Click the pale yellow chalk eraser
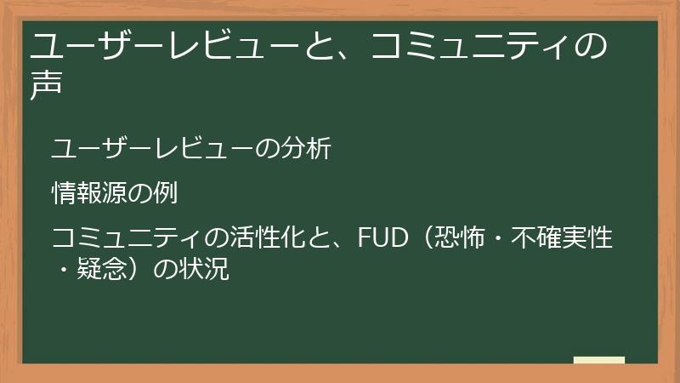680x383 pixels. [599, 361]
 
